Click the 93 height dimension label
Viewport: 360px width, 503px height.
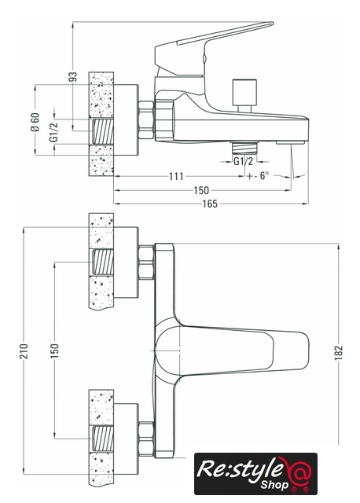coord(74,76)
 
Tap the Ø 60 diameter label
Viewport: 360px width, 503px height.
coord(35,122)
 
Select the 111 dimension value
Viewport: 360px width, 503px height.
coord(176,176)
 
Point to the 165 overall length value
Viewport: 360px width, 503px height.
coord(210,204)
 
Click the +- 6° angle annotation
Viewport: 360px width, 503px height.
coord(258,175)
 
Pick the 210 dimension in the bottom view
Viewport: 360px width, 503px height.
coord(24,351)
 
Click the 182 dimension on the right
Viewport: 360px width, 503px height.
coord(339,353)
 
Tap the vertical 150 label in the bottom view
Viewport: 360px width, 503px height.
coord(55,351)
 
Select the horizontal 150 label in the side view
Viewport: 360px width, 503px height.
coord(201,190)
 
